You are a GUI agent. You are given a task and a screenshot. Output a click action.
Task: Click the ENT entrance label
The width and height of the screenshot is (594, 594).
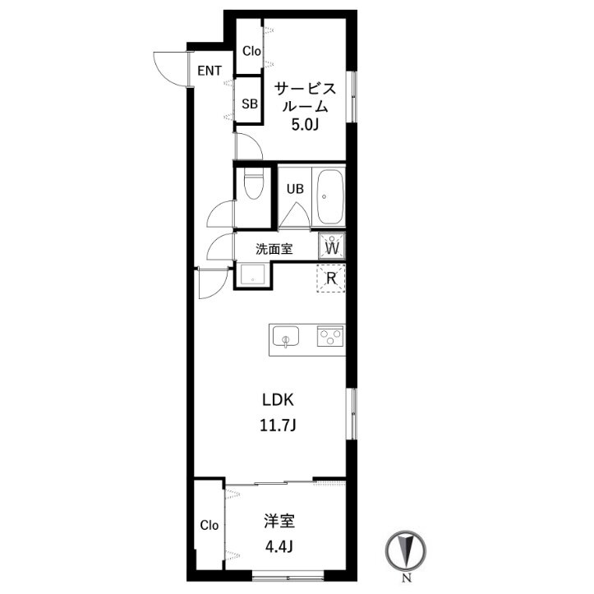(x=210, y=71)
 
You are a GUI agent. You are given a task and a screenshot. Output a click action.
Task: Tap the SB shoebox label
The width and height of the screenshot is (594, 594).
(x=250, y=104)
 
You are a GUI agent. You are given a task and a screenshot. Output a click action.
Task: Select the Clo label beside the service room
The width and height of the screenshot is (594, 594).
(x=252, y=51)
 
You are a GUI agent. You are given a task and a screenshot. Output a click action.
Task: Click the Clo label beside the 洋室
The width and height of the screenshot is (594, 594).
(x=210, y=526)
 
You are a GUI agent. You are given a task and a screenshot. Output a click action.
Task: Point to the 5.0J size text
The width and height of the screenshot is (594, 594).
(x=304, y=125)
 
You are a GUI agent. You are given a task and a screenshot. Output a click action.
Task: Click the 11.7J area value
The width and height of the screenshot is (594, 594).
(x=278, y=426)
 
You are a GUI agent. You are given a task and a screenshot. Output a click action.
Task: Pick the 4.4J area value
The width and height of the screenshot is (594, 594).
(x=279, y=546)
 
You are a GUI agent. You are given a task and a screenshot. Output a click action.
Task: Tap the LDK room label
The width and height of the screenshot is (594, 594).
(x=278, y=400)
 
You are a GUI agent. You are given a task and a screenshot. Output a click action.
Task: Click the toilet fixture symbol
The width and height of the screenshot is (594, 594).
(x=253, y=183)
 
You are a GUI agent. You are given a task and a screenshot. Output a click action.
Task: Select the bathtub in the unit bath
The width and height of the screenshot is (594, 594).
(x=330, y=197)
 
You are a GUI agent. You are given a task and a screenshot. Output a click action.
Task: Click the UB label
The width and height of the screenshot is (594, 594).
(x=295, y=189)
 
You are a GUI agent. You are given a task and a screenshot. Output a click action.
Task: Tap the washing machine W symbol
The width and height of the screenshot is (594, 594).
(x=332, y=246)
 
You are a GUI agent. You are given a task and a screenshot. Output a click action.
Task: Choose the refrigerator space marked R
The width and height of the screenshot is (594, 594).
(x=331, y=279)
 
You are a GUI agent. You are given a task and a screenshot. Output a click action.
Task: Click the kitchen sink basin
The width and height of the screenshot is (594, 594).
(x=286, y=336)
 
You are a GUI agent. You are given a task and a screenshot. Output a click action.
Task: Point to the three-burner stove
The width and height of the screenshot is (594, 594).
(x=331, y=336)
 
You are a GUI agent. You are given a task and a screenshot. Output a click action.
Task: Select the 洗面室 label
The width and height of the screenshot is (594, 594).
(x=274, y=249)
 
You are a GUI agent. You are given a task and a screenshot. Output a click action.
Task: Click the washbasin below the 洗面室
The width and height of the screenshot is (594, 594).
(x=253, y=274)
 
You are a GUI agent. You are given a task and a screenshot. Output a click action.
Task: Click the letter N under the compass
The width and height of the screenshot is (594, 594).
(x=406, y=578)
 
